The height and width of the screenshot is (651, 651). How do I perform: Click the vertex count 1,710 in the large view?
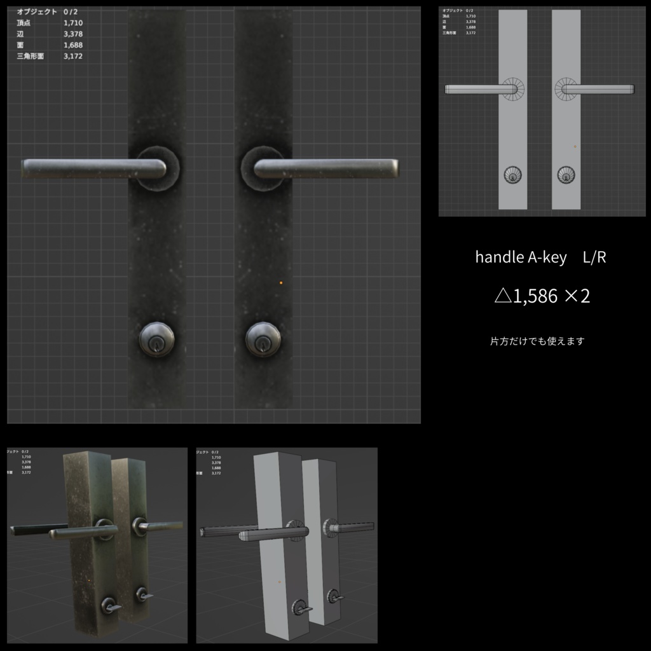(x=73, y=23)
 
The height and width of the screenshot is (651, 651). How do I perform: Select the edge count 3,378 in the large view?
(x=73, y=34)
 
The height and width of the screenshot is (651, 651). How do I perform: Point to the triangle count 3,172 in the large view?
(x=73, y=57)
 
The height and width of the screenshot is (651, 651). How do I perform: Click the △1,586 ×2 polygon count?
(x=542, y=296)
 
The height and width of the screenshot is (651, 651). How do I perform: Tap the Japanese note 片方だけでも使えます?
(x=537, y=341)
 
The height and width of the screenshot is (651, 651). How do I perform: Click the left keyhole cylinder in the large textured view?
(x=156, y=339)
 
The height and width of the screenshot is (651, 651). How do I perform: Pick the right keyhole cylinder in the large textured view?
(x=263, y=339)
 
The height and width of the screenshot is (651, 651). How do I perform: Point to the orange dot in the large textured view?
(x=281, y=282)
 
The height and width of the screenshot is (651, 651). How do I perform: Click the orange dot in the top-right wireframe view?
(x=575, y=146)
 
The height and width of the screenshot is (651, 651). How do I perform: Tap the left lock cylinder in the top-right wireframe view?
(x=512, y=175)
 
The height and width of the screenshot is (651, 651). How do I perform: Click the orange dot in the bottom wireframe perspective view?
(x=278, y=581)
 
